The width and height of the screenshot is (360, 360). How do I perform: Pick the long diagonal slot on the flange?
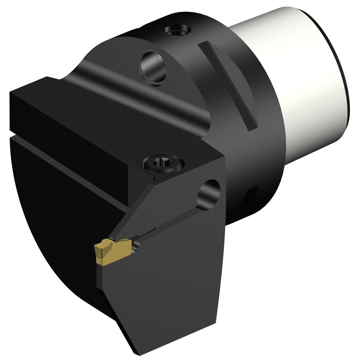[x=229, y=84]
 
